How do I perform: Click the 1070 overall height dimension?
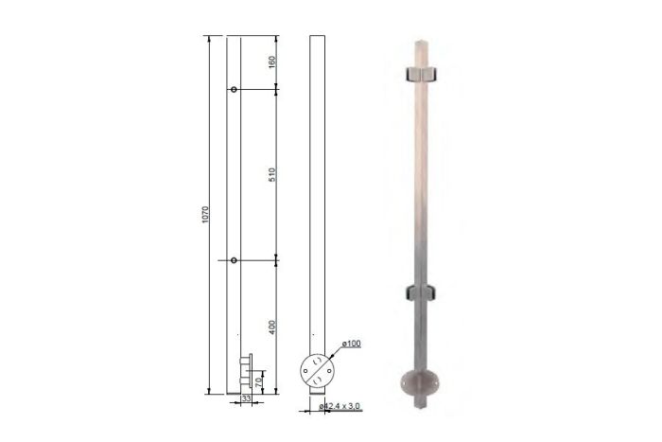pyautogui.click(x=205, y=215)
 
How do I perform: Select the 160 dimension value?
pyautogui.click(x=272, y=62)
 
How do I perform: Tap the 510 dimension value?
pyautogui.click(x=272, y=175)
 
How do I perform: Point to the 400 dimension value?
pyautogui.click(x=272, y=327)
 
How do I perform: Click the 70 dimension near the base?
pyautogui.click(x=259, y=382)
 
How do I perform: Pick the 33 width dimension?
pyautogui.click(x=246, y=398)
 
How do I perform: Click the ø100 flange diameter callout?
pyautogui.click(x=351, y=344)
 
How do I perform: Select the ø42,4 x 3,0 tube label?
pyautogui.click(x=340, y=406)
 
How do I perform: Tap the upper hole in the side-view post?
pyautogui.click(x=234, y=90)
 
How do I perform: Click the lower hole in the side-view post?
pyautogui.click(x=234, y=260)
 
